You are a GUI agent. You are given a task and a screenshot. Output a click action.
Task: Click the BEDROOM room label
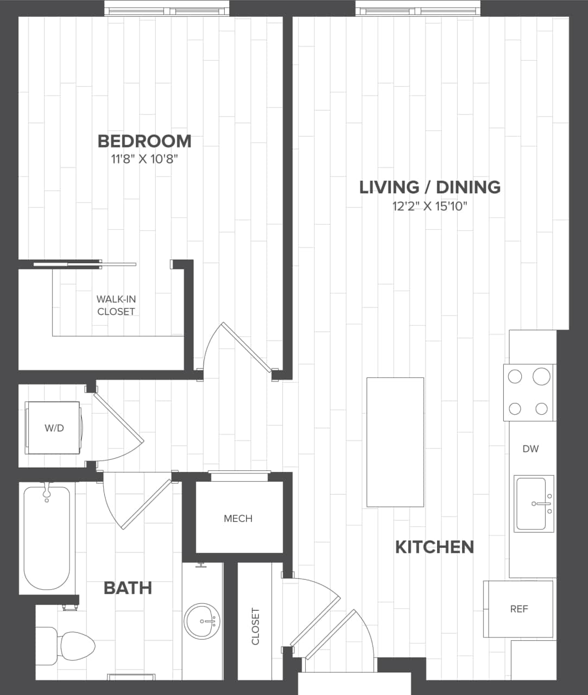pyautogui.click(x=144, y=141)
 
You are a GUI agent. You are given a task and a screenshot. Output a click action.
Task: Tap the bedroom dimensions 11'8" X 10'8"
pyautogui.click(x=144, y=159)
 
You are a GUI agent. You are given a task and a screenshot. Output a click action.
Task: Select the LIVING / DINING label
pyautogui.click(x=429, y=187)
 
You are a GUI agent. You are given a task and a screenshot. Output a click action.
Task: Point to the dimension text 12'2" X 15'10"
pyautogui.click(x=429, y=206)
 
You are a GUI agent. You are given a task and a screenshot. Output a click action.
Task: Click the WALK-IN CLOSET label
pyautogui.click(x=116, y=305)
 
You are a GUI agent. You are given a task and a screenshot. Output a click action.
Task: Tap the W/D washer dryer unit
pyautogui.click(x=53, y=428)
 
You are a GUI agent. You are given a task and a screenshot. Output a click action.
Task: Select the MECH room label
pyautogui.click(x=238, y=519)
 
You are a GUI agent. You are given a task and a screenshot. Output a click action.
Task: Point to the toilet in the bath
pyautogui.click(x=68, y=646)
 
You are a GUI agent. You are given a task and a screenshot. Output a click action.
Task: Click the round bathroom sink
pyautogui.click(x=203, y=621)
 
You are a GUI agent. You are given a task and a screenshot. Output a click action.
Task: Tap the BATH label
pyautogui.click(x=128, y=588)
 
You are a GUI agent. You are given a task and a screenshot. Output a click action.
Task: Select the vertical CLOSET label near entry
pyautogui.click(x=256, y=626)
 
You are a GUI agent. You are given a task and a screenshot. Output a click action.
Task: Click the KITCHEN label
pyautogui.click(x=434, y=547)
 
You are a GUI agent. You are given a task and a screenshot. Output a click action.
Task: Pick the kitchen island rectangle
pyautogui.click(x=395, y=442)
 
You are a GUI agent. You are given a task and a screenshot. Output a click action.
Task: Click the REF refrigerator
pyautogui.click(x=519, y=609)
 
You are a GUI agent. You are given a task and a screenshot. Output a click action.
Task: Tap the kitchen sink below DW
pyautogui.click(x=534, y=504)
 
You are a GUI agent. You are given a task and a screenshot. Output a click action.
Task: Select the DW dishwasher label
pyautogui.click(x=530, y=448)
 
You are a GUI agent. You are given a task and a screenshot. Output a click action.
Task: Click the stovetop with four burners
pyautogui.click(x=528, y=392)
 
